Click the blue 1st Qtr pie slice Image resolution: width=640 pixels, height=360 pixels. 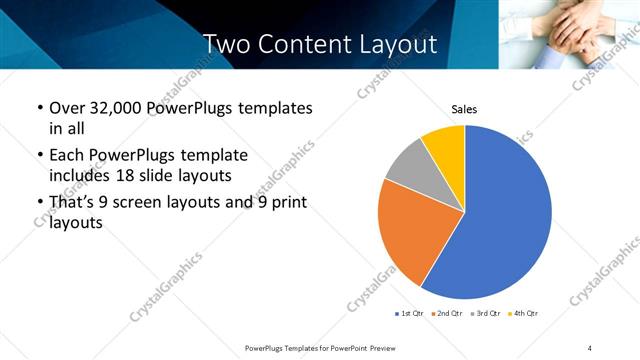[x=505, y=215]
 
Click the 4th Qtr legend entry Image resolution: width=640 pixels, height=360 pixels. [x=523, y=313]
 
